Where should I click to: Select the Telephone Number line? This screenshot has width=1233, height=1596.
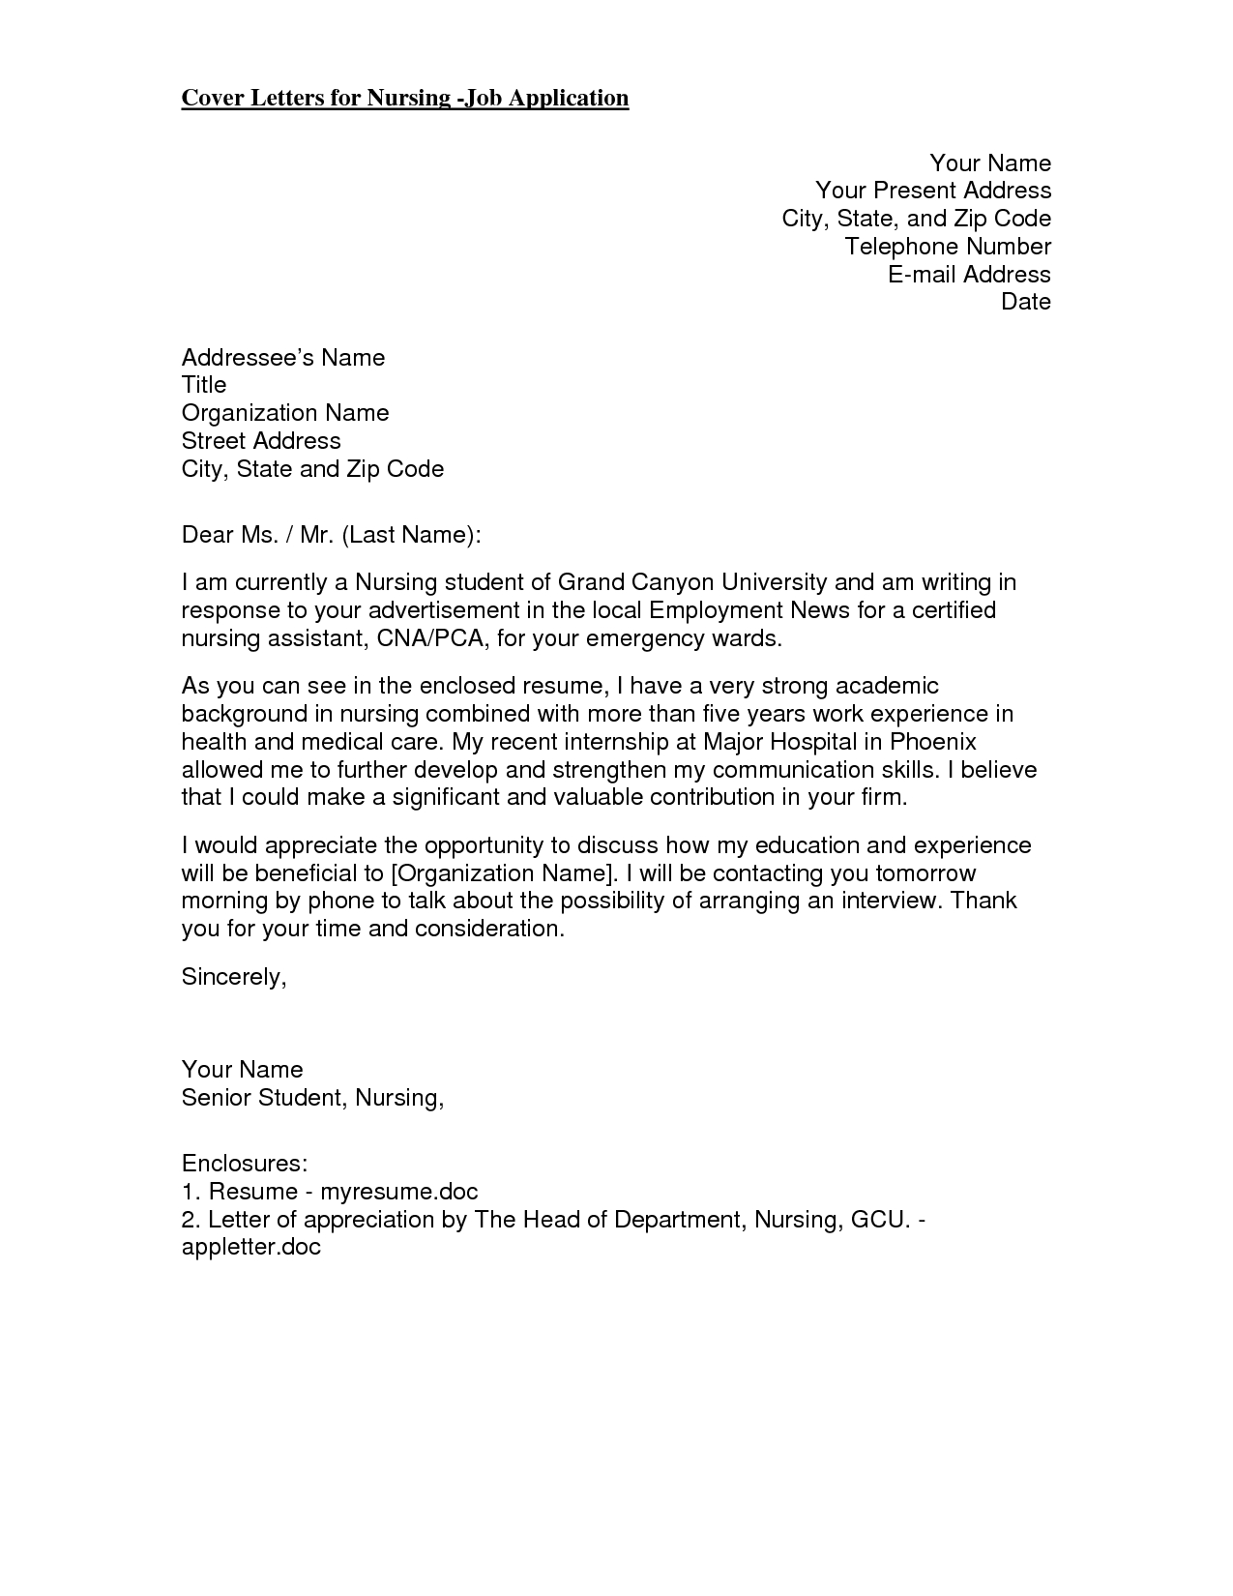click(948, 247)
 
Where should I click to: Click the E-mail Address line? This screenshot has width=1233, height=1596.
click(969, 275)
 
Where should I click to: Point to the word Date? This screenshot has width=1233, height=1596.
click(1026, 302)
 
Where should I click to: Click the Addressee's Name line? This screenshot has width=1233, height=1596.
click(283, 358)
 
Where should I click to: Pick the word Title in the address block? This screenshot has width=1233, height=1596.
click(204, 385)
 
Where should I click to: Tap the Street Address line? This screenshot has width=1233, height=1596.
click(261, 441)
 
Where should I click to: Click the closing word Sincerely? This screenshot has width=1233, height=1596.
click(233, 977)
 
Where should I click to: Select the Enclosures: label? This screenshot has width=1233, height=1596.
click(245, 1163)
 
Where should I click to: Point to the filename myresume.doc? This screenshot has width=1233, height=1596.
click(399, 1192)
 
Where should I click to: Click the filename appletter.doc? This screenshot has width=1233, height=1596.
click(250, 1248)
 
